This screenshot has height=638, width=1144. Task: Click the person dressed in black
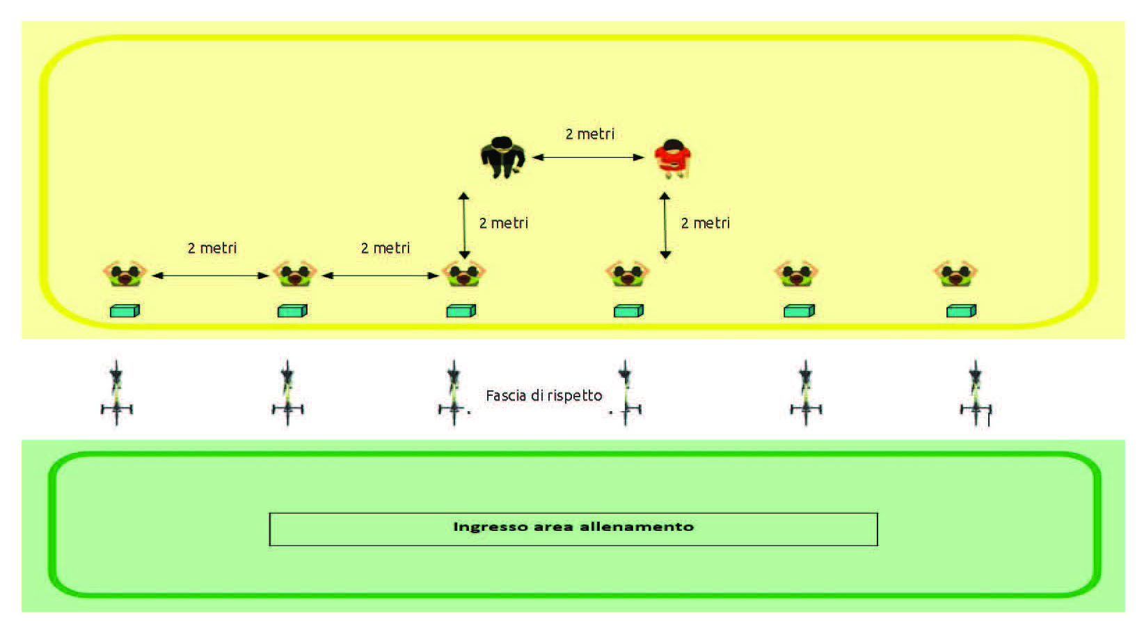coord(502,157)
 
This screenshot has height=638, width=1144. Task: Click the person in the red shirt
coord(672,159)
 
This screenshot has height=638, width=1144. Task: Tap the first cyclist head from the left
coord(125,274)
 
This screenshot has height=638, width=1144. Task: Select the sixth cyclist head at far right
coord(955,274)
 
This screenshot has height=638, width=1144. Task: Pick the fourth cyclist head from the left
coord(627,274)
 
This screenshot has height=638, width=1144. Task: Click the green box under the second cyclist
coord(292,311)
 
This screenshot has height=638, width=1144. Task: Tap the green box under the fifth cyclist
coord(799,311)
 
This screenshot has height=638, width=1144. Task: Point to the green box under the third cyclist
coord(461,311)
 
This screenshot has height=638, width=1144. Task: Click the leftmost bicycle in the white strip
coord(117,393)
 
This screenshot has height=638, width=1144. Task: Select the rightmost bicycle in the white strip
coord(976,393)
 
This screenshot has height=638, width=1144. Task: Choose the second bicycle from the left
coord(287,393)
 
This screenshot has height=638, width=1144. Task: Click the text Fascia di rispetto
coord(543,396)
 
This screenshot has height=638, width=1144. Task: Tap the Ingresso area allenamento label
coord(573,527)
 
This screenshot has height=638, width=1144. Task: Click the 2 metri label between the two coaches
coord(589,134)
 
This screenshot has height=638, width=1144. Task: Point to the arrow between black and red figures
coord(588,157)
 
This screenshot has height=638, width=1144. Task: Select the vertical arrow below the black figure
coord(464,225)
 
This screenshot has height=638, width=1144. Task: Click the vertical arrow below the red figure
coord(665,225)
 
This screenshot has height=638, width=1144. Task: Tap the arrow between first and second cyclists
coord(210,276)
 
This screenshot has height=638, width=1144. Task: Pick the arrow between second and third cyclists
coord(380,276)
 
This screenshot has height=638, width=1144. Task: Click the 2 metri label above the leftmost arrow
coord(212,248)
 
